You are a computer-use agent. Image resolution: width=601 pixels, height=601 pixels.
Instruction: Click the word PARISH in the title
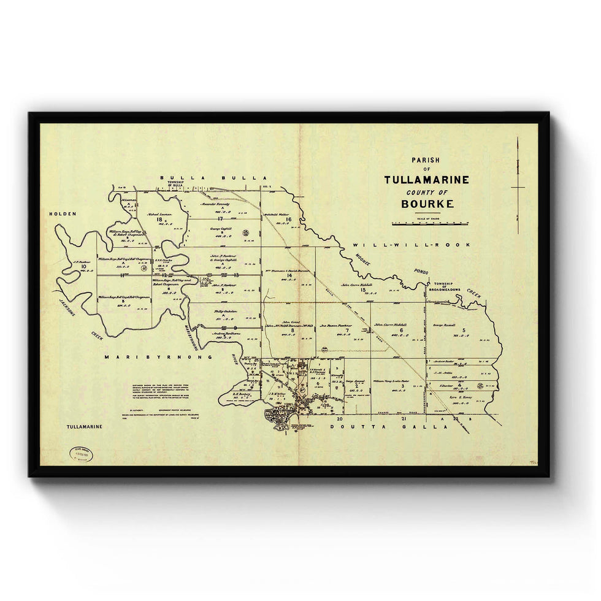426,161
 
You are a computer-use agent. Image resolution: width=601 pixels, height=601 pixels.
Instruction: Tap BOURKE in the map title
427,204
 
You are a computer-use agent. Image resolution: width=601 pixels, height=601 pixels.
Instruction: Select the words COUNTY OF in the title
427,192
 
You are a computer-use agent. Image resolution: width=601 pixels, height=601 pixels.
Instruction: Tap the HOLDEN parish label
63,214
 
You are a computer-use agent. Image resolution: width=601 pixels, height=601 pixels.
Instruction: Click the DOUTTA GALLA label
389,426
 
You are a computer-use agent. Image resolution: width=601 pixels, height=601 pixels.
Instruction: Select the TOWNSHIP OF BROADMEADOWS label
447,286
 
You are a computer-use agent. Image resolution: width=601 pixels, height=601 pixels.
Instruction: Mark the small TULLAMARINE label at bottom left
84,426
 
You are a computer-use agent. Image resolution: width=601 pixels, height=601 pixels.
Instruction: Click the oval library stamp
82,454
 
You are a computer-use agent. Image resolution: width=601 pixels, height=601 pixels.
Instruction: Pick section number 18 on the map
159,220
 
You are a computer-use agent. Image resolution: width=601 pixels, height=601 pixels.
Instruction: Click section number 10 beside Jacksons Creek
83,267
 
